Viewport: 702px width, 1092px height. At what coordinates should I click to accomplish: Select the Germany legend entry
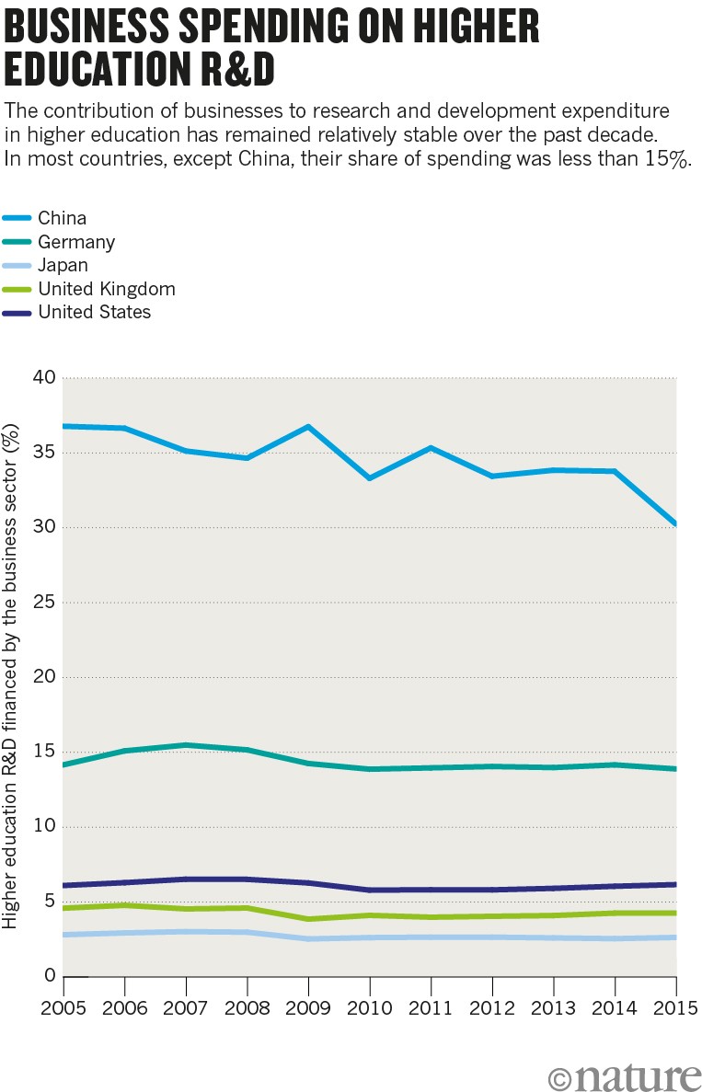point(75,242)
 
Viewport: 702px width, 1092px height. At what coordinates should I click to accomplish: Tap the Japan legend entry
point(63,265)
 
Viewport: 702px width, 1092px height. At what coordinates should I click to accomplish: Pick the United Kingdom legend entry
point(106,289)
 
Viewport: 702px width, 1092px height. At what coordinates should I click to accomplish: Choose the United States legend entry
point(94,312)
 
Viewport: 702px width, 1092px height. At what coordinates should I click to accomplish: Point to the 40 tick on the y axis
point(44,378)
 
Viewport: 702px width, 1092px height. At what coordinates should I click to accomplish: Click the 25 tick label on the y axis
point(44,603)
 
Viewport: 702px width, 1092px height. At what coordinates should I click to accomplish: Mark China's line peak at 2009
point(308,427)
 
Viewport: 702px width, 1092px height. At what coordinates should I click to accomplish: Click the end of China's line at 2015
point(675,524)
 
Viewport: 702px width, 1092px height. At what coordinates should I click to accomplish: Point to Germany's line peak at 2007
point(186,745)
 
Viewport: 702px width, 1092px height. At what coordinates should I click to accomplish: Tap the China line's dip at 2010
point(370,478)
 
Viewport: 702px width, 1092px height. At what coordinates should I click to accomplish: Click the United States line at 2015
point(675,884)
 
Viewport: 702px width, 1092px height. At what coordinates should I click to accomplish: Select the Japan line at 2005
point(64,935)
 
